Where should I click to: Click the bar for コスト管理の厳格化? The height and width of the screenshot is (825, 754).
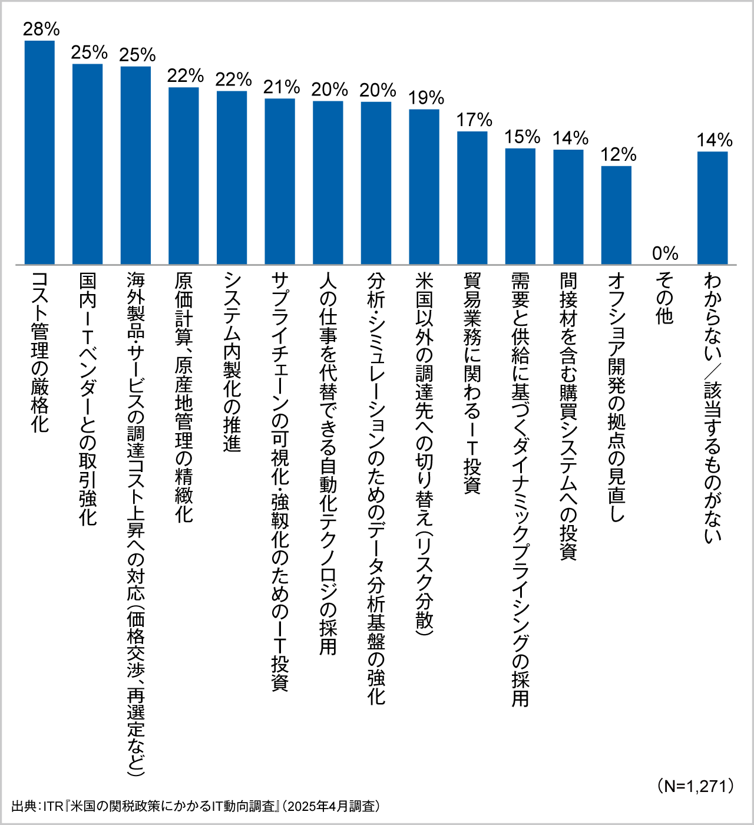(x=39, y=152)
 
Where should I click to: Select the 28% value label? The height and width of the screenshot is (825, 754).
(x=41, y=29)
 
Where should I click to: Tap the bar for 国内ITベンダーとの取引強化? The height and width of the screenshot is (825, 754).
(x=88, y=164)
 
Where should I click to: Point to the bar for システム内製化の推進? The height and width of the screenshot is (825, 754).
(x=232, y=177)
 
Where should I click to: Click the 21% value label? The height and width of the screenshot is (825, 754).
(x=282, y=87)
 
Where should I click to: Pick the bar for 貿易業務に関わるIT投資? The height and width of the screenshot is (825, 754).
(x=472, y=197)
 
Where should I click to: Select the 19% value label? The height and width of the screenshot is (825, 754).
(x=426, y=98)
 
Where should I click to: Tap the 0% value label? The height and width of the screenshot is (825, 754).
(x=665, y=253)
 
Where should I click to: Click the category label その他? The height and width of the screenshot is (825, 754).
(x=664, y=298)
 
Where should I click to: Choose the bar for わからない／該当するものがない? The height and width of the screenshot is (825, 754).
(x=712, y=207)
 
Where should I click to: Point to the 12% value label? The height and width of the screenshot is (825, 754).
(x=618, y=155)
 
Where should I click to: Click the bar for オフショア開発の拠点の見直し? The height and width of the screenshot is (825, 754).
(x=616, y=215)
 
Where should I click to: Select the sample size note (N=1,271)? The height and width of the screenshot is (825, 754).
(x=695, y=786)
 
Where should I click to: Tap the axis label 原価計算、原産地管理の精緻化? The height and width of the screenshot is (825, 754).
(x=184, y=398)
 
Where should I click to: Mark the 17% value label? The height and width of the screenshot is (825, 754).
(x=474, y=120)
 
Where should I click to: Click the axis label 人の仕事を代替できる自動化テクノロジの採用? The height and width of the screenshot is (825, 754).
(x=328, y=463)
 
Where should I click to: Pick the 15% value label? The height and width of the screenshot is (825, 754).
(x=521, y=137)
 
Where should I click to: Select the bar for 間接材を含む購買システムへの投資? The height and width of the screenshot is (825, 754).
(x=568, y=207)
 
